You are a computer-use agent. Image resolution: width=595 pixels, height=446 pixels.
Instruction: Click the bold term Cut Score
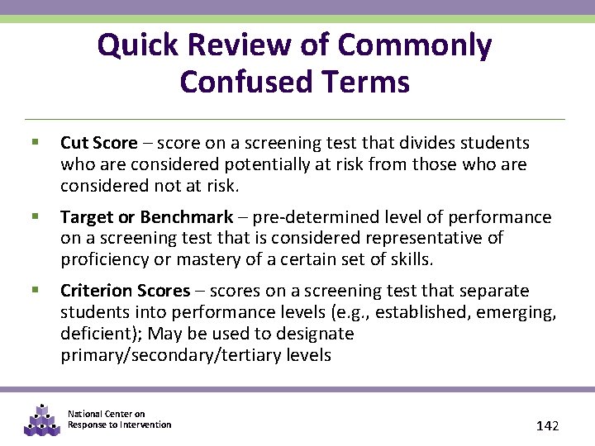(98, 144)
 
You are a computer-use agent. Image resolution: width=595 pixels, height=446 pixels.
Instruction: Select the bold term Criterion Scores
(126, 291)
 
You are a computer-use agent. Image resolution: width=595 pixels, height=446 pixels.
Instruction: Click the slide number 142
(547, 425)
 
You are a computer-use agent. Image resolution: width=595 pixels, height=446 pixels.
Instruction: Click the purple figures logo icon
(41, 420)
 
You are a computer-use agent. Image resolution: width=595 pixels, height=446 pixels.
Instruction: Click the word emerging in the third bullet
(518, 312)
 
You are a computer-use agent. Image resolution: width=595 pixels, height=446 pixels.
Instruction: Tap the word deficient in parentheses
(93, 334)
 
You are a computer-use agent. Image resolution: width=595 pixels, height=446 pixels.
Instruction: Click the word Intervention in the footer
(145, 425)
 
